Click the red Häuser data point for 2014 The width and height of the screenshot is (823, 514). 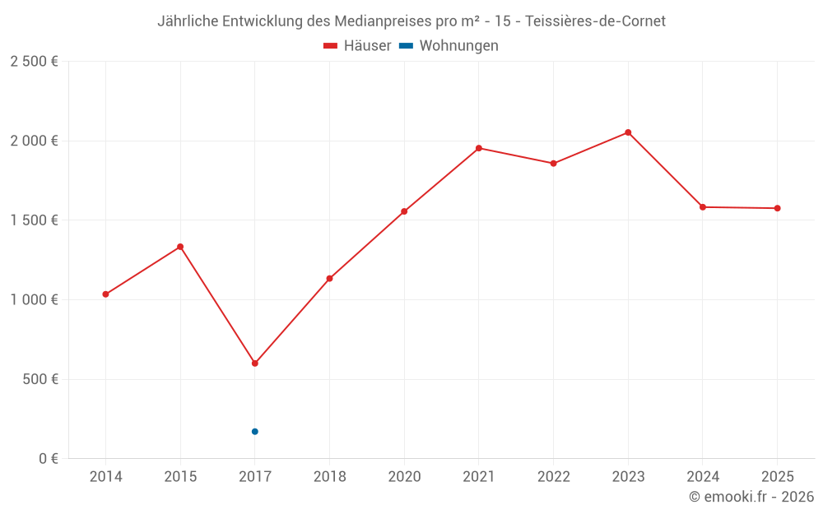(105, 294)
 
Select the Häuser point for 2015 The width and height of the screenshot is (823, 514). (180, 247)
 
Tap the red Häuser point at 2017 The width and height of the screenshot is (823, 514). (255, 363)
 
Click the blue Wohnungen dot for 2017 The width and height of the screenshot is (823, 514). (255, 432)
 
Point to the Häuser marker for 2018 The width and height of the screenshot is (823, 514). (329, 279)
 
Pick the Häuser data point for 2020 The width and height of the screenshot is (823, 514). (404, 211)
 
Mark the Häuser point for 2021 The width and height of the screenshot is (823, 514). (479, 148)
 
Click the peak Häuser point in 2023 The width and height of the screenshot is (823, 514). (628, 132)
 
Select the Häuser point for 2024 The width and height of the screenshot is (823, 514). (703, 207)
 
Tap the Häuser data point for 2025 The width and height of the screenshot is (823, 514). (777, 208)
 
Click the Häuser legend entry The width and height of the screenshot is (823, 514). (357, 46)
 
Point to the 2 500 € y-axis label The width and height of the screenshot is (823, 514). (34, 62)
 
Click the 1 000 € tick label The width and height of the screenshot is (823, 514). (34, 300)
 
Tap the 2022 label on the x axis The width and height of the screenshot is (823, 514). (553, 477)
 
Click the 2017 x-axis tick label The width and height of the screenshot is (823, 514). (255, 477)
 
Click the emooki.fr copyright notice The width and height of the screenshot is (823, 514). (751, 497)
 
